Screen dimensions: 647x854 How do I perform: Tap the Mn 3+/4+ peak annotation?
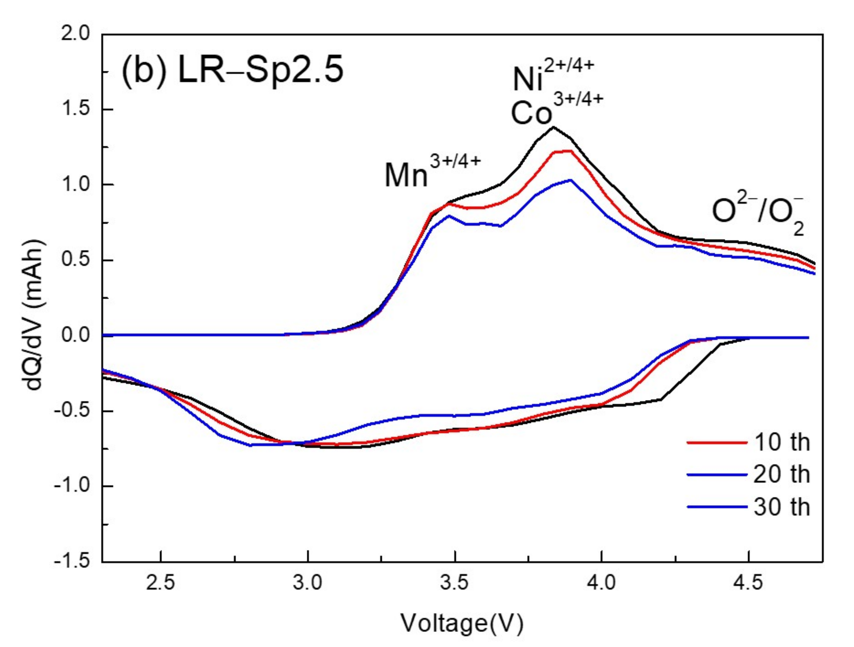[432, 171]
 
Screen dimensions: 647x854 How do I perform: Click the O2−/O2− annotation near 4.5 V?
[758, 214]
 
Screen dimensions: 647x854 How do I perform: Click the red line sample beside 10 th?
[717, 442]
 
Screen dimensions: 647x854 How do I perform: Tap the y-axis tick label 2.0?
[75, 34]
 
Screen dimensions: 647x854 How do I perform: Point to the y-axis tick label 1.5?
[75, 109]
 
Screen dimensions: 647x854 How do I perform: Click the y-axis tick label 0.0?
[75, 335]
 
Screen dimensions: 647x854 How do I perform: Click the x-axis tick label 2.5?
[161, 583]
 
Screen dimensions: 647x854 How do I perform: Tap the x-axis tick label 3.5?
[455, 583]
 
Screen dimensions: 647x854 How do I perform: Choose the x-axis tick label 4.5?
[748, 583]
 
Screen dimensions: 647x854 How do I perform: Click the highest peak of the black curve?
[553, 127]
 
